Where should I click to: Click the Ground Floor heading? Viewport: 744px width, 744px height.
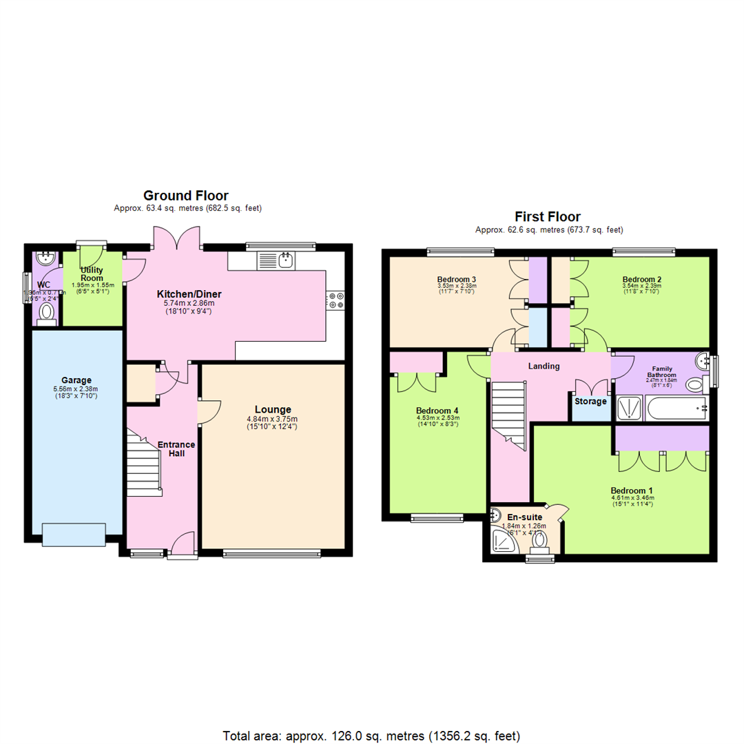tap(186, 196)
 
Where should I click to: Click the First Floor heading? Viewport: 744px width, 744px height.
tap(548, 217)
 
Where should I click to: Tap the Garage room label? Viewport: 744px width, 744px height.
tap(76, 380)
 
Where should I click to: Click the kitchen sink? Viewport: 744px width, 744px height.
tap(286, 260)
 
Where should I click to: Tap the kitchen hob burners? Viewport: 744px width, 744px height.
tap(337, 300)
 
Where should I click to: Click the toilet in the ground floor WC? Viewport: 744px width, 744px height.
tap(47, 313)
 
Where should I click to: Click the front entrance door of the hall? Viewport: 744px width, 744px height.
tap(181, 545)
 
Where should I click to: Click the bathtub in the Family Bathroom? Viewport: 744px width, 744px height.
tap(677, 409)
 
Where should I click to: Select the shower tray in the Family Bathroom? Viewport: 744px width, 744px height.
tap(628, 409)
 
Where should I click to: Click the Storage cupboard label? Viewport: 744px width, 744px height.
tap(590, 401)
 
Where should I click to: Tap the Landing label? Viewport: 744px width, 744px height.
tap(544, 366)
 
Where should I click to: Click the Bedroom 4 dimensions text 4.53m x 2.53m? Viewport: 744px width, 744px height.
tap(437, 418)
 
